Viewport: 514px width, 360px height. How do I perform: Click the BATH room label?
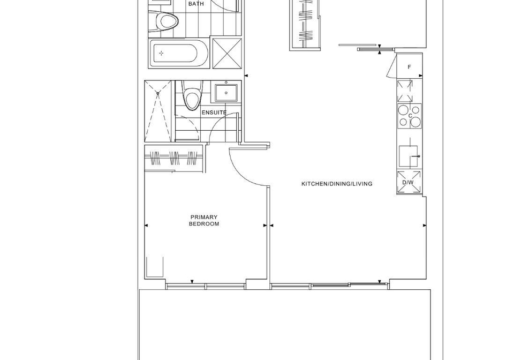(196, 4)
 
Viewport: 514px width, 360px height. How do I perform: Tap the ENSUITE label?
(214, 112)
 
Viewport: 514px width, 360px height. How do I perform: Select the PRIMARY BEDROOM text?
(204, 220)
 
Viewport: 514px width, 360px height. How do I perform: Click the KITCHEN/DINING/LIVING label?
(337, 184)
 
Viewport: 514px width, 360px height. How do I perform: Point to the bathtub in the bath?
(179, 54)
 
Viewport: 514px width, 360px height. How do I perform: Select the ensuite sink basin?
(226, 93)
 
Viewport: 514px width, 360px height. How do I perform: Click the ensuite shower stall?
(157, 111)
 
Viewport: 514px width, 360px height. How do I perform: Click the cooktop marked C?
(410, 116)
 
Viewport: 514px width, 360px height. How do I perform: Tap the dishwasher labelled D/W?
(409, 182)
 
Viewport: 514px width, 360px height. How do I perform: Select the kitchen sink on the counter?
(409, 156)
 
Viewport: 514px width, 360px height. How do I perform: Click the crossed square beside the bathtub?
(227, 54)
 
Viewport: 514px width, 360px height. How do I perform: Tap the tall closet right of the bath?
(305, 25)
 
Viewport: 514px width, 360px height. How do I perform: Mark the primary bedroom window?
(206, 286)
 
